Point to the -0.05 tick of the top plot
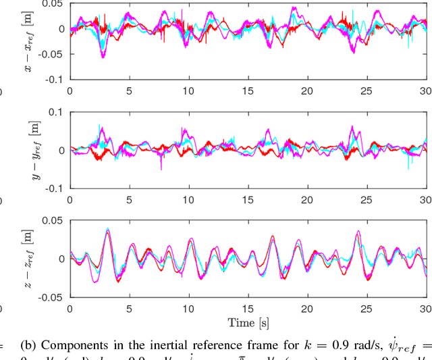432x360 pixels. point(53,54)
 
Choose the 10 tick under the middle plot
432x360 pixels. point(188,199)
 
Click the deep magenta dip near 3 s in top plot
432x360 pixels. point(103,57)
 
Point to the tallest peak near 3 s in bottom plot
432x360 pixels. point(107,230)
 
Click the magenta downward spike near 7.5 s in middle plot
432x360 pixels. point(161,168)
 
